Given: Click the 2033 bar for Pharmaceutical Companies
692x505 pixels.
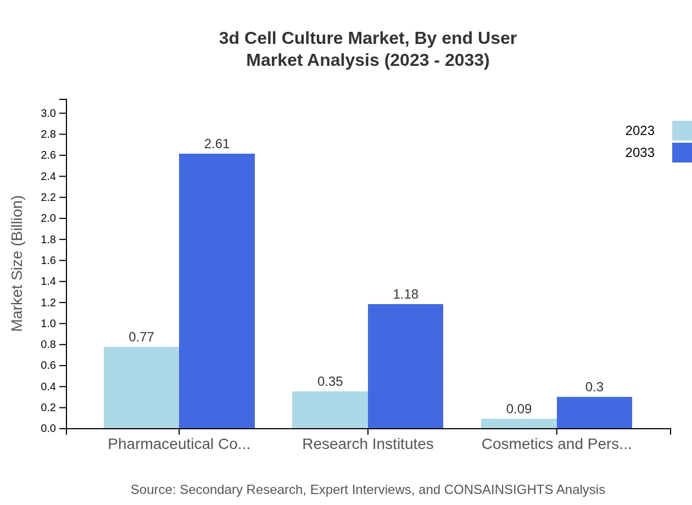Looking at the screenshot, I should click(217, 291).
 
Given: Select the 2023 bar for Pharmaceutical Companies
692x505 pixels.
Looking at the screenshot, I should click(141, 388).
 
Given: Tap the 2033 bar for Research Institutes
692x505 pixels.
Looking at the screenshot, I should click(405, 366).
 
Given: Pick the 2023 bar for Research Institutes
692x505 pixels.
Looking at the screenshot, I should click(330, 409).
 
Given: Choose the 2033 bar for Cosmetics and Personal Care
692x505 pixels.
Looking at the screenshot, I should click(594, 412).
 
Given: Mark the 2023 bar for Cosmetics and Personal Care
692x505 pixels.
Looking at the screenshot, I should click(518, 423).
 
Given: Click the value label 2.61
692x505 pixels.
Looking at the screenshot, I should click(217, 144).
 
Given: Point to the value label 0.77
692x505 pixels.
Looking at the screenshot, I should click(141, 337).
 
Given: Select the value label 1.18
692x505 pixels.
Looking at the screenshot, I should click(405, 294).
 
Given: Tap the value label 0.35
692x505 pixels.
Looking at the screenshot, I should click(330, 381).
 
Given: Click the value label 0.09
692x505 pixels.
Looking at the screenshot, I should click(518, 409).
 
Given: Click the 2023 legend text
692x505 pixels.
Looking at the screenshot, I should click(640, 131).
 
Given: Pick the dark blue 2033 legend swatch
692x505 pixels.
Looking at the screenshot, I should click(682, 153).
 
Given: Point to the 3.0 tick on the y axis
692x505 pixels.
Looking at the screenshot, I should click(48, 113).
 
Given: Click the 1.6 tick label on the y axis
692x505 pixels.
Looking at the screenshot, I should click(48, 260).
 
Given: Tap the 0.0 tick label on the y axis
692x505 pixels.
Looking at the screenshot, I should click(48, 429).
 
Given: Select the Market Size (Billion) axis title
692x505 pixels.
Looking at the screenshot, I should click(17, 263).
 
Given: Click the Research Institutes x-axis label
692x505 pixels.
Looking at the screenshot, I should click(367, 444).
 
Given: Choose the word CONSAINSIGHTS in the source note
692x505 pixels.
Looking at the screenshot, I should click(498, 489).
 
